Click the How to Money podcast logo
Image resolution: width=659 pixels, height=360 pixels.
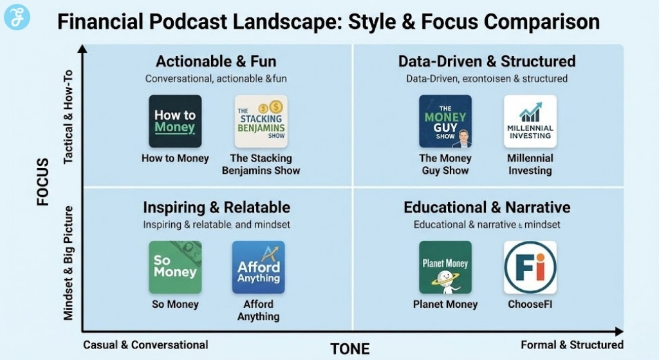click(175, 122)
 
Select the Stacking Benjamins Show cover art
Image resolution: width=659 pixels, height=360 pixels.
click(261, 122)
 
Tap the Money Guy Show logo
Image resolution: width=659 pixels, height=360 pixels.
click(445, 122)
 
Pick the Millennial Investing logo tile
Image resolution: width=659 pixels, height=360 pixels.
click(530, 122)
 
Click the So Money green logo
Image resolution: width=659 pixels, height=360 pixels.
click(175, 267)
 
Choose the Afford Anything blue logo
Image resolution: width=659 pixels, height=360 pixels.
click(258, 267)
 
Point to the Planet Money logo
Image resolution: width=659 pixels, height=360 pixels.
click(445, 267)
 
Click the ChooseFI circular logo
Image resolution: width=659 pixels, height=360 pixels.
click(530, 267)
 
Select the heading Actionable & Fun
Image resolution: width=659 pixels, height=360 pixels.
click(216, 62)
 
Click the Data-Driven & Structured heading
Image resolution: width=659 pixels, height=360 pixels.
click(487, 62)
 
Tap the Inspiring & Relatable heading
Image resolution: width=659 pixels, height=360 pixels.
click(216, 207)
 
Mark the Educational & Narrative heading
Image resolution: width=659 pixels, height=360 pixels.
click(487, 207)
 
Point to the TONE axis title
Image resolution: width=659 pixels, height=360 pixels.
click(350, 349)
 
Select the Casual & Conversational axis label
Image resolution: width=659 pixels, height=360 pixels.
click(145, 345)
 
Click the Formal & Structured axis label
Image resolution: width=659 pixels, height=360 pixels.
click(572, 345)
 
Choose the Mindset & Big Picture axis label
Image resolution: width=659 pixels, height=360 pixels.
click(69, 263)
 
